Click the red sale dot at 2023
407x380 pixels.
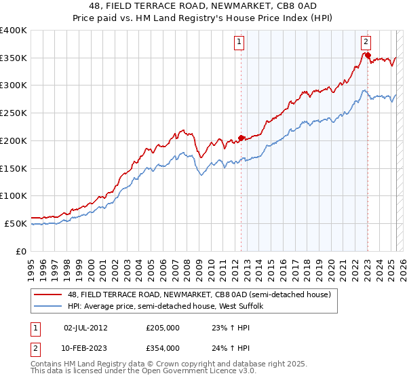coord(367,56)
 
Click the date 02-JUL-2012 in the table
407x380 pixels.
coord(85,328)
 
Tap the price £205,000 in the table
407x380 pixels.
coord(163,328)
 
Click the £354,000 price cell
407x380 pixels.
coord(163,348)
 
